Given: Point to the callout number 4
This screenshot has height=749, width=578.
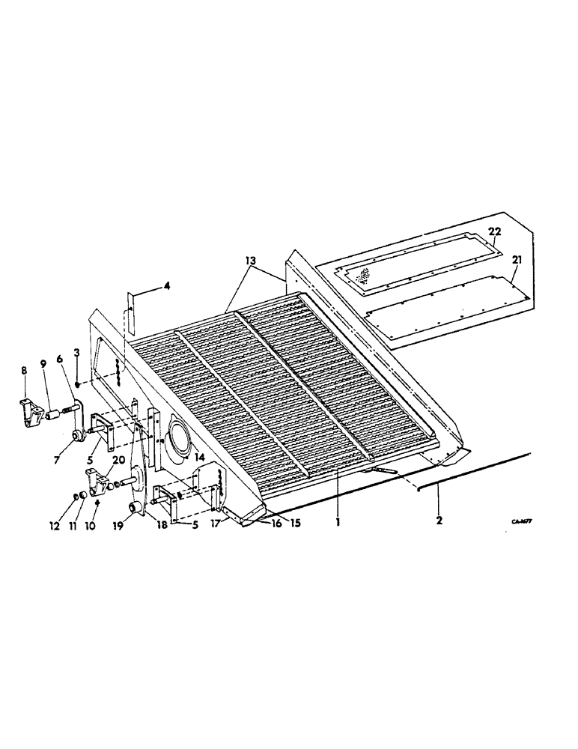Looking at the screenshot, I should [167, 285].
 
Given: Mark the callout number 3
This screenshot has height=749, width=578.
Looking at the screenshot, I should [77, 353].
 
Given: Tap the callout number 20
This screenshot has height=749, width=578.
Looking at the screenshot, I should [118, 459].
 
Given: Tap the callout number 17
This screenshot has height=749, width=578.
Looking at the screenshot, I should [216, 524].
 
